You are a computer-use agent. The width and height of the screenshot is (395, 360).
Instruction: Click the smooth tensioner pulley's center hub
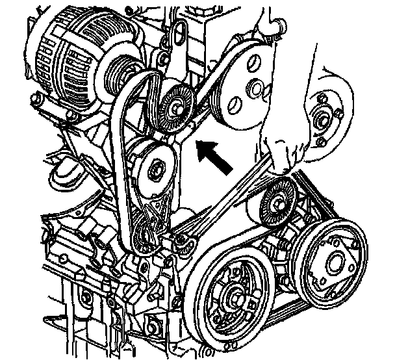157,170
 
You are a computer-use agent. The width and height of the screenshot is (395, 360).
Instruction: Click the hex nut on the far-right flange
320,118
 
